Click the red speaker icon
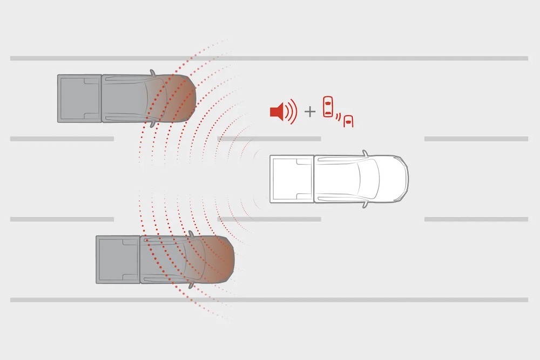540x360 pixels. tap(277, 112)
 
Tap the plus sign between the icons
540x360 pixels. tap(309, 112)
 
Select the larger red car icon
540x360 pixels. tap(327, 107)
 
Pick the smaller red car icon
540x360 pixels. tap(349, 121)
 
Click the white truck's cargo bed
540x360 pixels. tap(292, 179)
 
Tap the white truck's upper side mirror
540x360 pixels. tap(364, 154)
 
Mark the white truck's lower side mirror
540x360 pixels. tap(365, 205)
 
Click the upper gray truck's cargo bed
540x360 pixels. tap(79, 98)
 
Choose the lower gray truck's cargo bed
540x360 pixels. tap(118, 259)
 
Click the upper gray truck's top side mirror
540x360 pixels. tap(153, 72)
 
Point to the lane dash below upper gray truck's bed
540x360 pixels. tap(62, 139)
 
